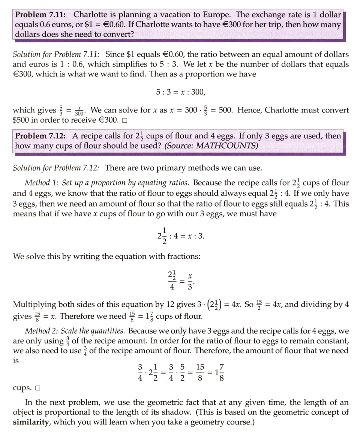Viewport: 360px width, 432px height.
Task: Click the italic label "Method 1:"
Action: tap(42, 183)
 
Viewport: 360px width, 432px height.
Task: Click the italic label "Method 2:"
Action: tap(42, 331)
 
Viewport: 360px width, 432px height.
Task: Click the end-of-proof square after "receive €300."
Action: tap(125, 121)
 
